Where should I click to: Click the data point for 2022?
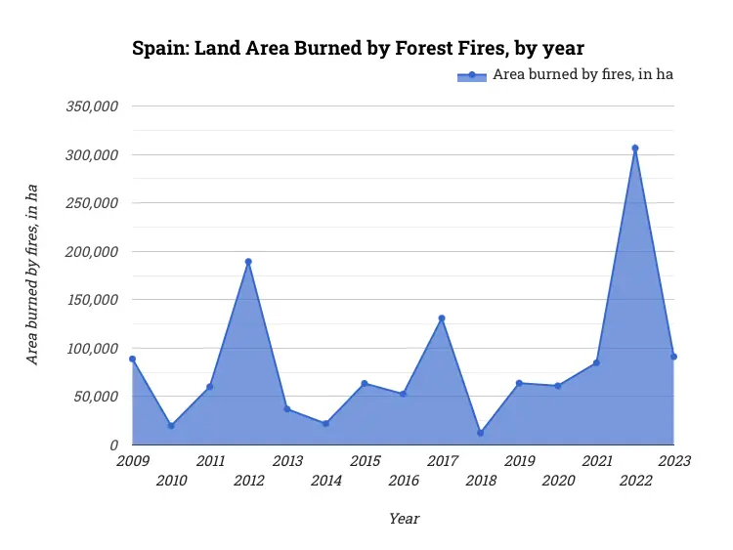(635, 148)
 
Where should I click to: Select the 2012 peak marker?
(248, 262)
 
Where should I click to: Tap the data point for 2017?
(442, 318)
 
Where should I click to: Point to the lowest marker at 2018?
(480, 433)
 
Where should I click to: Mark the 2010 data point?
(171, 426)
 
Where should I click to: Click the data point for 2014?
(325, 424)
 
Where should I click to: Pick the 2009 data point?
(132, 359)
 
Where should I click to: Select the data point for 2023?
(673, 357)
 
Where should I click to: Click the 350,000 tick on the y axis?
(92, 106)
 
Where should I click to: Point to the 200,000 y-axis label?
(92, 252)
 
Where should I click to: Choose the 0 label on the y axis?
(113, 445)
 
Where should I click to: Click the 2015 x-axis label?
(365, 461)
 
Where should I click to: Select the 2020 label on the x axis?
(558, 481)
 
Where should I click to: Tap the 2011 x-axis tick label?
(209, 461)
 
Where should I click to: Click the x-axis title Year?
(404, 519)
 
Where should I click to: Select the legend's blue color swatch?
(471, 76)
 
